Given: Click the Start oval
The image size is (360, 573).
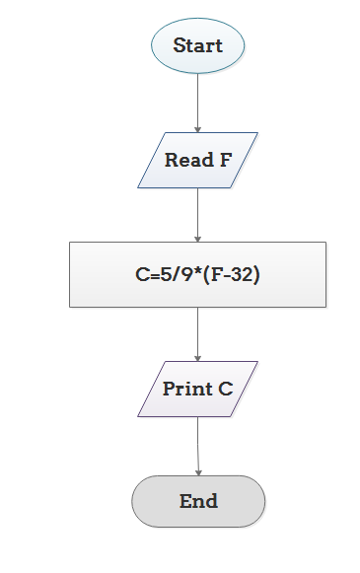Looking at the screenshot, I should click(197, 45).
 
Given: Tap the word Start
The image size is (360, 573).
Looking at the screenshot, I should click(197, 45).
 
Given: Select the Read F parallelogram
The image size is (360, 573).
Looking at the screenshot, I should click(197, 160).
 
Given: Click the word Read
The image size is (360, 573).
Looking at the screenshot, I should click(184, 160).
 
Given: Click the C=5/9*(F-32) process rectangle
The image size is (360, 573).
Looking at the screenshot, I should click(197, 274).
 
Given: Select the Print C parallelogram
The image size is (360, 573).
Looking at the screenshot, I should click(197, 389).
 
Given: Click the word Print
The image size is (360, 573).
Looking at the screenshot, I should click(186, 389).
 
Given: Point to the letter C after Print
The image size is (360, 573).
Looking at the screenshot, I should click(227, 389).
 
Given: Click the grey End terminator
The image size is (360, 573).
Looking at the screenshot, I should click(198, 501).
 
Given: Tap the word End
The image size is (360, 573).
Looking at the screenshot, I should click(198, 501).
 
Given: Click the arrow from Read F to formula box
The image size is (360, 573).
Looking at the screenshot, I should click(197, 214).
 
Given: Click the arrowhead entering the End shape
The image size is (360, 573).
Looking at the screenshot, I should click(198, 471).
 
